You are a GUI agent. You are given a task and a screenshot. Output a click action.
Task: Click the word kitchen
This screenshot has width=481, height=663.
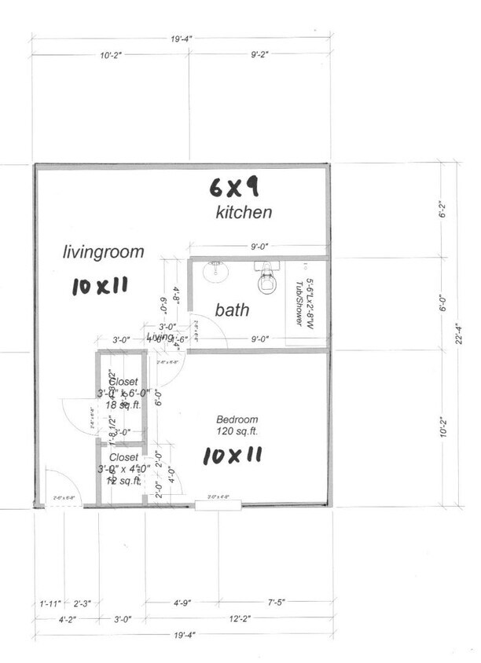pyautogui.click(x=244, y=212)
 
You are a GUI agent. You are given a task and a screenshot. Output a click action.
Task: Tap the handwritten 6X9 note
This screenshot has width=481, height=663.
pyautogui.click(x=234, y=186)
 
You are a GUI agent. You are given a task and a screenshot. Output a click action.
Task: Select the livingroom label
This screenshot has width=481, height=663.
pyautogui.click(x=104, y=252)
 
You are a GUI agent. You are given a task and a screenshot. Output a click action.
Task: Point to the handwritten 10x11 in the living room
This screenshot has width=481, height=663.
pyautogui.click(x=99, y=287)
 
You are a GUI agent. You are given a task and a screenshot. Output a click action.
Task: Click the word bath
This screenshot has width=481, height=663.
pyautogui.click(x=233, y=310)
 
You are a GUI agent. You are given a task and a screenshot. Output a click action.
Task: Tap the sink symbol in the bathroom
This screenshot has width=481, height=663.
pyautogui.click(x=212, y=273)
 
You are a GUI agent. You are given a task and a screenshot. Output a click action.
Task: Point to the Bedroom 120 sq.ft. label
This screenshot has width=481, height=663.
pyautogui.click(x=237, y=425)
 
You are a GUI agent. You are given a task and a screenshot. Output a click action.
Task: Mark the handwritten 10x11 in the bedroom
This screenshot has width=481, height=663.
pyautogui.click(x=232, y=455)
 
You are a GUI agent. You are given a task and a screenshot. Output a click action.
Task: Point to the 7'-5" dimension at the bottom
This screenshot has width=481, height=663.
pyautogui.click(x=281, y=603)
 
